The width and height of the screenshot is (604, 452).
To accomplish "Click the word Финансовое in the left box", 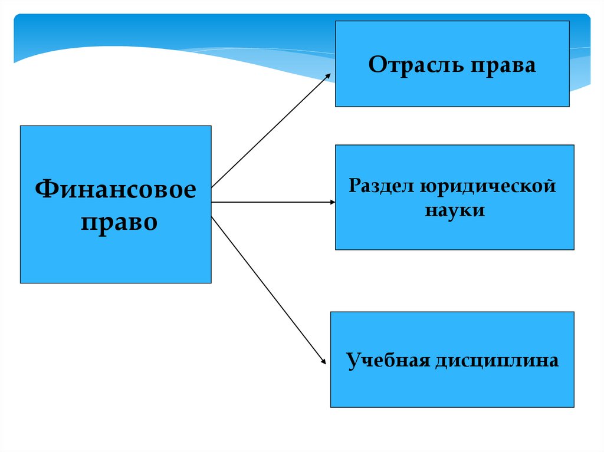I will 116,190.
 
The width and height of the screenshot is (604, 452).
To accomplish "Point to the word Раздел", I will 380,186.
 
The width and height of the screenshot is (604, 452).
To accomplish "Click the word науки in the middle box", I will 454,210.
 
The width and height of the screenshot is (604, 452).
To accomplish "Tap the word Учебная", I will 386,359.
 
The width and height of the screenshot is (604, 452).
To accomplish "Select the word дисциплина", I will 497,360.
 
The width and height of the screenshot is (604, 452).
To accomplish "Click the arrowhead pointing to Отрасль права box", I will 329,76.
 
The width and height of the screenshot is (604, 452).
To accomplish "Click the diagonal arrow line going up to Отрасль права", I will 270,131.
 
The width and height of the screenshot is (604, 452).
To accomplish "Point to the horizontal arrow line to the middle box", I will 271,202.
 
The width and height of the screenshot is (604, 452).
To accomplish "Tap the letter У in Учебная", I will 353,359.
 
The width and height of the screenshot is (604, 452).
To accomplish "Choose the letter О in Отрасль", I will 376,65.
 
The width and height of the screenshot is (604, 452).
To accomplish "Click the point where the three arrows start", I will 212,202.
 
